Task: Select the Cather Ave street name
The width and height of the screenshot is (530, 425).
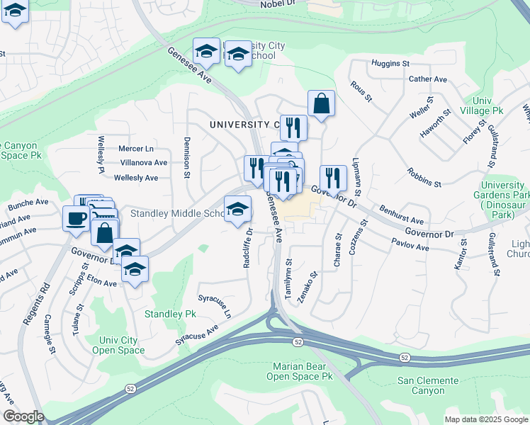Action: [428, 79]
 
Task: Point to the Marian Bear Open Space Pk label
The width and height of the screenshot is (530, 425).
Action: [299, 371]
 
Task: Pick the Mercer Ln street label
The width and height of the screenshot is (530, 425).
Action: [136, 149]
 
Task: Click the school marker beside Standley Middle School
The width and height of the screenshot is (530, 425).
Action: [237, 208]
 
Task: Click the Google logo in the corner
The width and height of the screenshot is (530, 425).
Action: [23, 416]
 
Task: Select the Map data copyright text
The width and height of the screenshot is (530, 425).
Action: [486, 419]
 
